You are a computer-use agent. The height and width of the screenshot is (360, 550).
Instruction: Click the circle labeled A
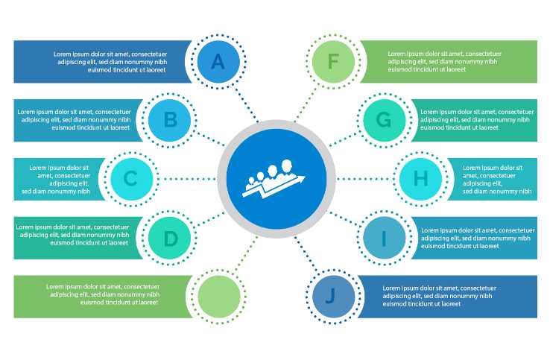(x=217, y=62)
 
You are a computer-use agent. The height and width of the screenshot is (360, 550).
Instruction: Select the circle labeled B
(x=170, y=119)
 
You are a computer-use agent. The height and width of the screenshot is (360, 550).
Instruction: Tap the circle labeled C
(x=130, y=179)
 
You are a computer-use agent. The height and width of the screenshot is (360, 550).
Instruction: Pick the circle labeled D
(x=171, y=239)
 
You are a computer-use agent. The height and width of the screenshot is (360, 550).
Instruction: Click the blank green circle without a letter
(x=218, y=296)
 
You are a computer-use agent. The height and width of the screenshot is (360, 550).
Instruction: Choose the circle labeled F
(x=332, y=62)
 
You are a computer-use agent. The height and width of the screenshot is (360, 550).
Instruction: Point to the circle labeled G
(x=384, y=119)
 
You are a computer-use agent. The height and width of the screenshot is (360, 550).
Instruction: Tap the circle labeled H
(x=421, y=179)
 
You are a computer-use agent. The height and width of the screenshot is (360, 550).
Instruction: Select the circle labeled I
(x=384, y=239)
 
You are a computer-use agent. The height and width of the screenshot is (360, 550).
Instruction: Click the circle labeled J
(x=332, y=296)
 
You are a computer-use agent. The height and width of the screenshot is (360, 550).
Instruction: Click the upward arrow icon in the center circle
(x=274, y=180)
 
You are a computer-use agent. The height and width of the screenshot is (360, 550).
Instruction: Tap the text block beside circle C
(x=59, y=179)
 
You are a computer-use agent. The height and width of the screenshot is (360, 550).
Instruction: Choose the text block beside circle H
(x=496, y=179)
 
